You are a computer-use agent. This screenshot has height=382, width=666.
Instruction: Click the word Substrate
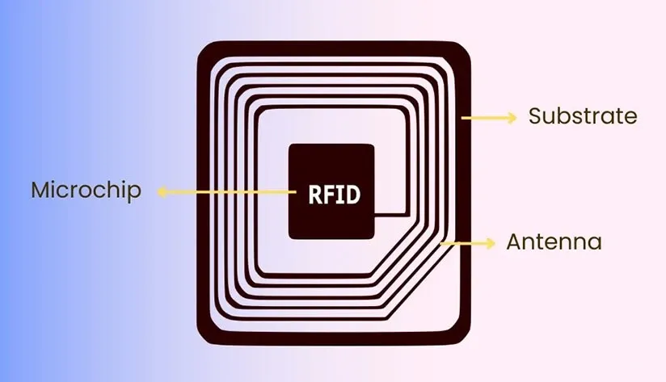coord(583,116)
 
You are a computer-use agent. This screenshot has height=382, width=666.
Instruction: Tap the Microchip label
coord(86,191)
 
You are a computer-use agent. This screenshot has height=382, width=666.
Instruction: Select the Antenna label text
coord(554,241)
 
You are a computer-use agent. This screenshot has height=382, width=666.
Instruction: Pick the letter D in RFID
coord(352,195)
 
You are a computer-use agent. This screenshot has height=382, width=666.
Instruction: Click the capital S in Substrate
coord(535,116)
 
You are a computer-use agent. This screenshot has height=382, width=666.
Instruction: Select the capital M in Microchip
coord(40,191)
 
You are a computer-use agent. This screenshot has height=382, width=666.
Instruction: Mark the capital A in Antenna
coord(514,241)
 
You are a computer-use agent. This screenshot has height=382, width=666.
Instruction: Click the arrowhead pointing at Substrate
coord(512,118)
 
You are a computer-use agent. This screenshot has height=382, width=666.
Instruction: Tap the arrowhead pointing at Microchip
coord(162,192)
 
